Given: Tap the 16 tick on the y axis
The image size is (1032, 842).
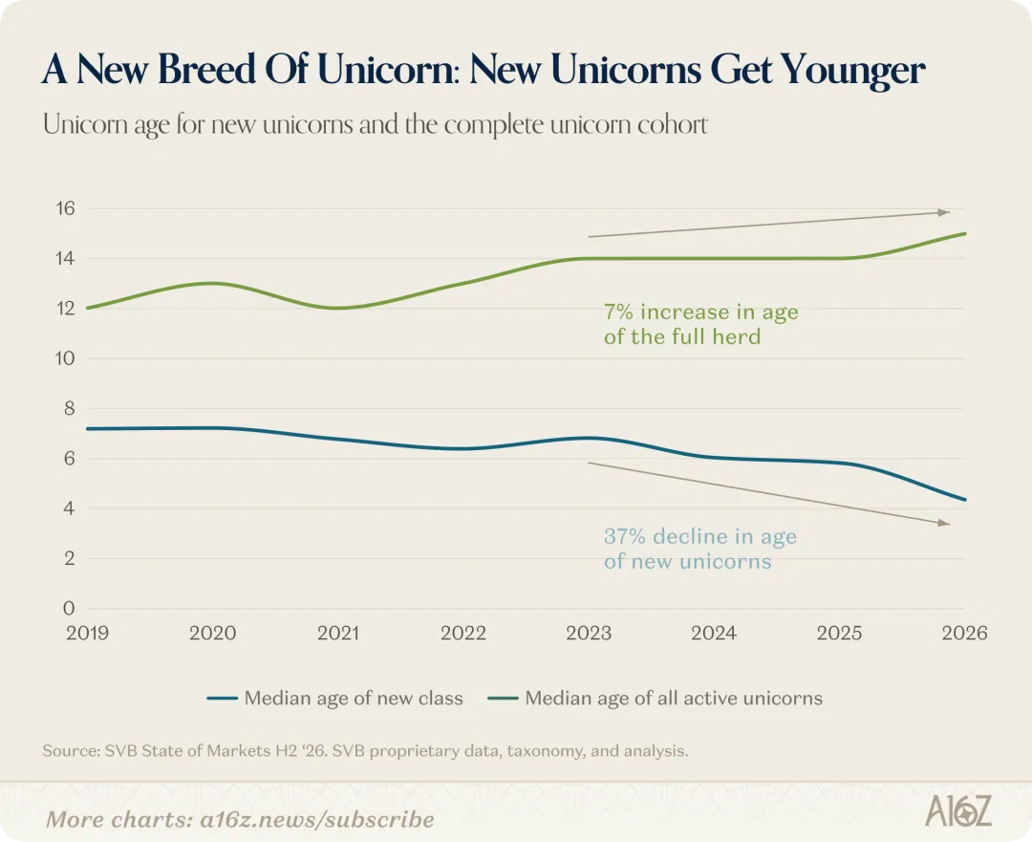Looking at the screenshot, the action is (66, 208).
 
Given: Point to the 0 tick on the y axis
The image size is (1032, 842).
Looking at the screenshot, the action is (69, 608).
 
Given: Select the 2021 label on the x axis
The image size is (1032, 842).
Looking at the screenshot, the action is (338, 634).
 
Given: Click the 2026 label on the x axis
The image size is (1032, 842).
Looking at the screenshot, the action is (964, 634).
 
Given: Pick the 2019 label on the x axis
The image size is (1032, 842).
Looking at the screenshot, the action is (88, 634).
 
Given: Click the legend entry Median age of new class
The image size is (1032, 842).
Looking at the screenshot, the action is (335, 698).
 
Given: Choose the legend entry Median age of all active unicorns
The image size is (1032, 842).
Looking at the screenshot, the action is (656, 698).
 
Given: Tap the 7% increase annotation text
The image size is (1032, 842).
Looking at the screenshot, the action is (701, 324).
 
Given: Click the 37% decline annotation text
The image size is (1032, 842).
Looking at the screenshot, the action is (700, 549).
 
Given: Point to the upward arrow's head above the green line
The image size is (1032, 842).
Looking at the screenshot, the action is (945, 212).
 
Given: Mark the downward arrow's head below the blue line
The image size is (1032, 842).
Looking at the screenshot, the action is (945, 523).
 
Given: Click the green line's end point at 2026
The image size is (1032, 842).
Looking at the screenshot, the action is (964, 234).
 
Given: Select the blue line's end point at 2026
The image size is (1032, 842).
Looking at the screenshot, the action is (964, 500).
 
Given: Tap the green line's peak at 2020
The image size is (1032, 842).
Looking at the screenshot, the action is (212, 284).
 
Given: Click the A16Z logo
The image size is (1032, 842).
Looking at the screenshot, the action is (958, 810).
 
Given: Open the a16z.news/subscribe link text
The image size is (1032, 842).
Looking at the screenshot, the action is (317, 820).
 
